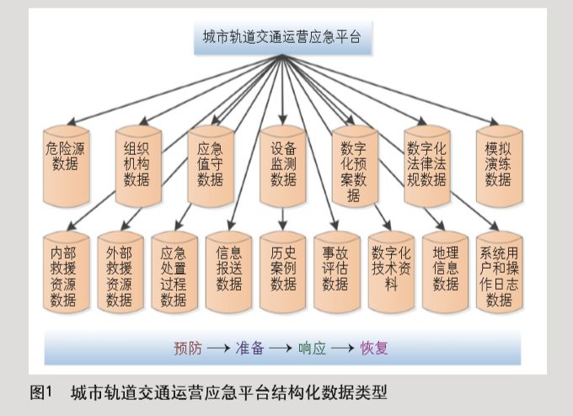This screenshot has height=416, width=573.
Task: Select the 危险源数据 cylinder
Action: pyautogui.click(x=66, y=164)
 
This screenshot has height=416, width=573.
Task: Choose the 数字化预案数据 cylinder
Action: pyautogui.click(x=354, y=166)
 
